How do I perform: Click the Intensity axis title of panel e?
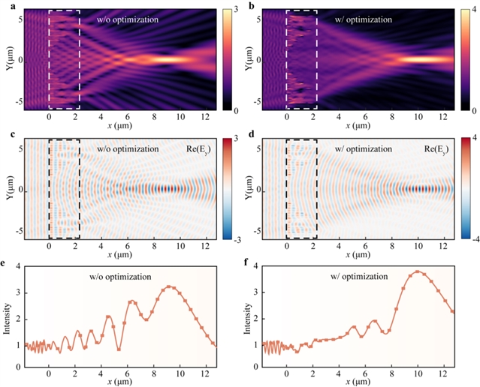(7, 315)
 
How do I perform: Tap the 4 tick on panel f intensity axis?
(254, 267)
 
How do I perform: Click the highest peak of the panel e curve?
(169, 286)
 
